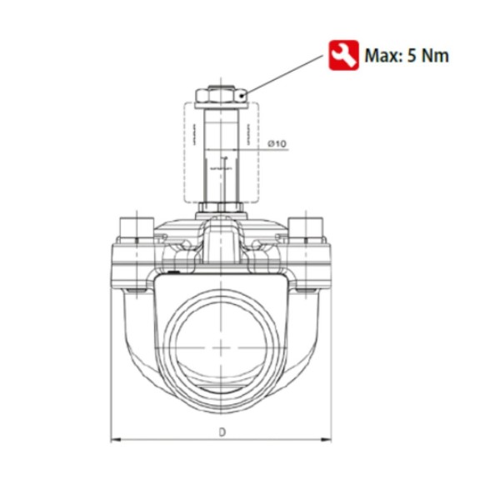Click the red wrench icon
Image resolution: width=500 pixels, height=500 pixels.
click(343, 55)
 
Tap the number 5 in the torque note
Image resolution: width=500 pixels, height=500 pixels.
click(412, 56)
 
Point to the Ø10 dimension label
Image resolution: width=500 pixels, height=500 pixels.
click(277, 143)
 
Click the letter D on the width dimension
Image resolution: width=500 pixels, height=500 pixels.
click(222, 432)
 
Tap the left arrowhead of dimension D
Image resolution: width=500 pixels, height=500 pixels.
click(116, 440)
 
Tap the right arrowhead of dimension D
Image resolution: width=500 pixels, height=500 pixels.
click(326, 440)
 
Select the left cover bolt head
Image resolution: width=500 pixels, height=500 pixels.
click(137, 228)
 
